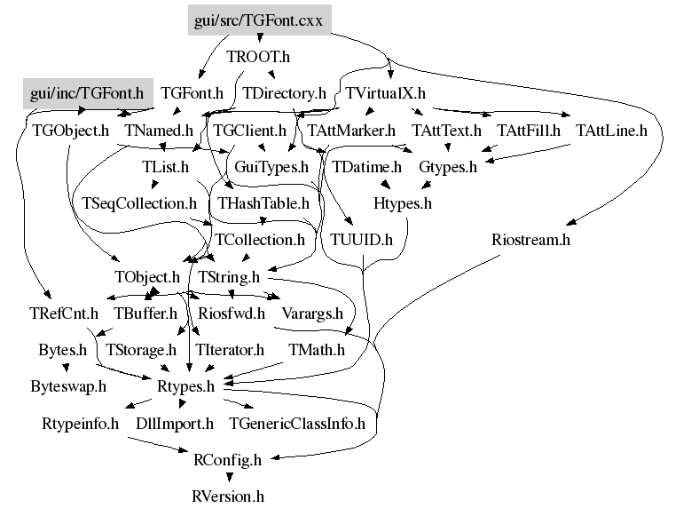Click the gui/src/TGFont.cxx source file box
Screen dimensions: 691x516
(260, 20)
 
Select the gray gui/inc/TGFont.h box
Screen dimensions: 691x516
(88, 93)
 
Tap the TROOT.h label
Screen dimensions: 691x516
(258, 57)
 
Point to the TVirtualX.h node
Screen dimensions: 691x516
(385, 93)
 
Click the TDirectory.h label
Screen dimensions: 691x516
(284, 93)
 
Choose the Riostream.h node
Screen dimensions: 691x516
(530, 240)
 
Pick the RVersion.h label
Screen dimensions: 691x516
(228, 496)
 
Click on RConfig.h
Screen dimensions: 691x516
(227, 460)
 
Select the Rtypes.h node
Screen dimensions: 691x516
(185, 386)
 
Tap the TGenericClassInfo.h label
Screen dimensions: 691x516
(297, 424)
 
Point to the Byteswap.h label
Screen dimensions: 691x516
(68, 386)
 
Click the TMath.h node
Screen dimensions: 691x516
(317, 350)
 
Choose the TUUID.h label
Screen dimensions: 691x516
(361, 240)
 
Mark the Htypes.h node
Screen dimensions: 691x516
(403, 203)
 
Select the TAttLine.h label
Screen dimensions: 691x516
(611, 131)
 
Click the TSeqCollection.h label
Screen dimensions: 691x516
(139, 203)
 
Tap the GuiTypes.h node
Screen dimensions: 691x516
(271, 167)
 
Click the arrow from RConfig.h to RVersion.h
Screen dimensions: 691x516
(229, 477)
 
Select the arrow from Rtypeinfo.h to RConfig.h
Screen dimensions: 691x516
(158, 445)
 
